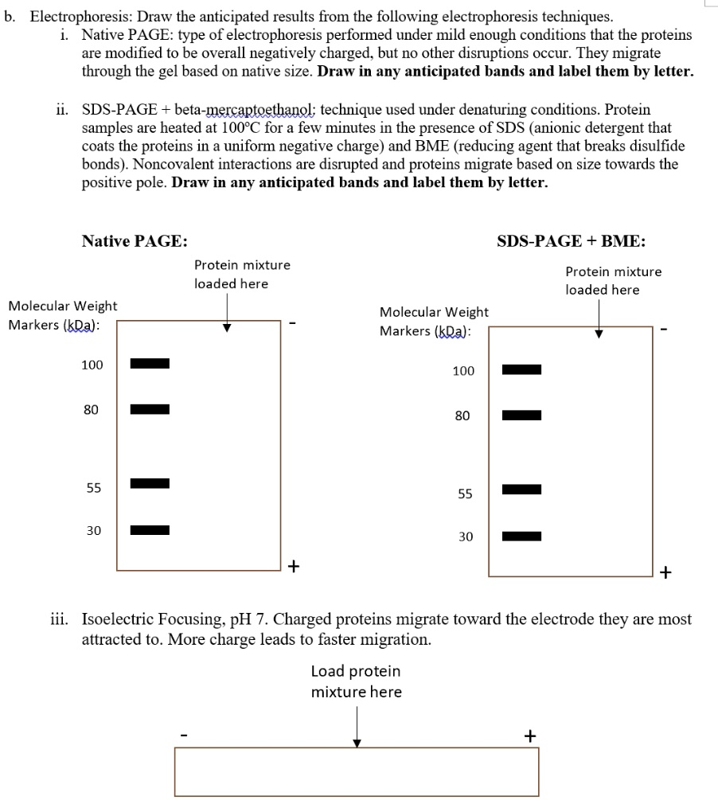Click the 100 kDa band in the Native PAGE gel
150,364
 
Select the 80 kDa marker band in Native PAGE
150,409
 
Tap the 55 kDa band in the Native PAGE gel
150,482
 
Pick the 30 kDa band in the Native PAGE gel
150,529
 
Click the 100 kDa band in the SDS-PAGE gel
521,369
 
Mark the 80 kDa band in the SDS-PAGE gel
521,415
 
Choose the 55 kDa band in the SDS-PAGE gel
521,488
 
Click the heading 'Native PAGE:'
135,241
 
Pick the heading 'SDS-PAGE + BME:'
571,241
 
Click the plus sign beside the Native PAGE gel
294,566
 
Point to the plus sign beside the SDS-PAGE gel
665,572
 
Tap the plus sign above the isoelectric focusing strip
529,736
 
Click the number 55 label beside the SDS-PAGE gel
465,494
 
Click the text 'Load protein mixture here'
356,681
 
